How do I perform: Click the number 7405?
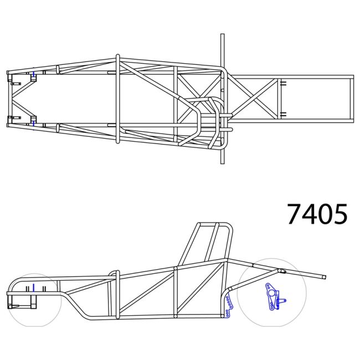tap(317, 214)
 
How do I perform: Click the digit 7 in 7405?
tap(295, 214)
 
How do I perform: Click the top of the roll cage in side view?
tap(216, 224)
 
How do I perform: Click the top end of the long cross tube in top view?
tap(223, 36)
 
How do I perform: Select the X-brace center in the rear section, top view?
tap(255, 99)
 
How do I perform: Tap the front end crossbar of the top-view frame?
tap(8, 99)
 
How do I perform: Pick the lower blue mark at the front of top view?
tap(34, 124)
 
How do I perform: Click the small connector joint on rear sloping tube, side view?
tap(280, 271)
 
